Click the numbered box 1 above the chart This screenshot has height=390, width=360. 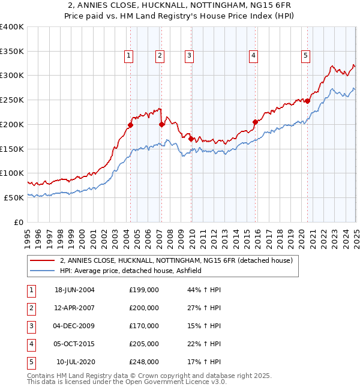click(129, 56)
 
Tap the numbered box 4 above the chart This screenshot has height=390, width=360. click(254, 56)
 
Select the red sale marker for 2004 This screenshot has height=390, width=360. click(130, 125)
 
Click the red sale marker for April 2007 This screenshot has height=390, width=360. click(161, 125)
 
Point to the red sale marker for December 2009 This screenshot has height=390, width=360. click(191, 139)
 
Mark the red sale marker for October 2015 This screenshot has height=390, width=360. click(255, 122)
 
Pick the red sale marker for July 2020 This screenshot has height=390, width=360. click(307, 101)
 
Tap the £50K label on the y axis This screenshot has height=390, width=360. click(14, 197)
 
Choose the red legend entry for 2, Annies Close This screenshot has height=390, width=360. click(176, 260)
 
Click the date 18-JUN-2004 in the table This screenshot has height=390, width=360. click(74, 290)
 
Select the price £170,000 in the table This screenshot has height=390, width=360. click(144, 326)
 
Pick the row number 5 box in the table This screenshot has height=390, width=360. click(31, 362)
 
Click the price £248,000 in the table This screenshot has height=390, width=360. click(144, 362)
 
